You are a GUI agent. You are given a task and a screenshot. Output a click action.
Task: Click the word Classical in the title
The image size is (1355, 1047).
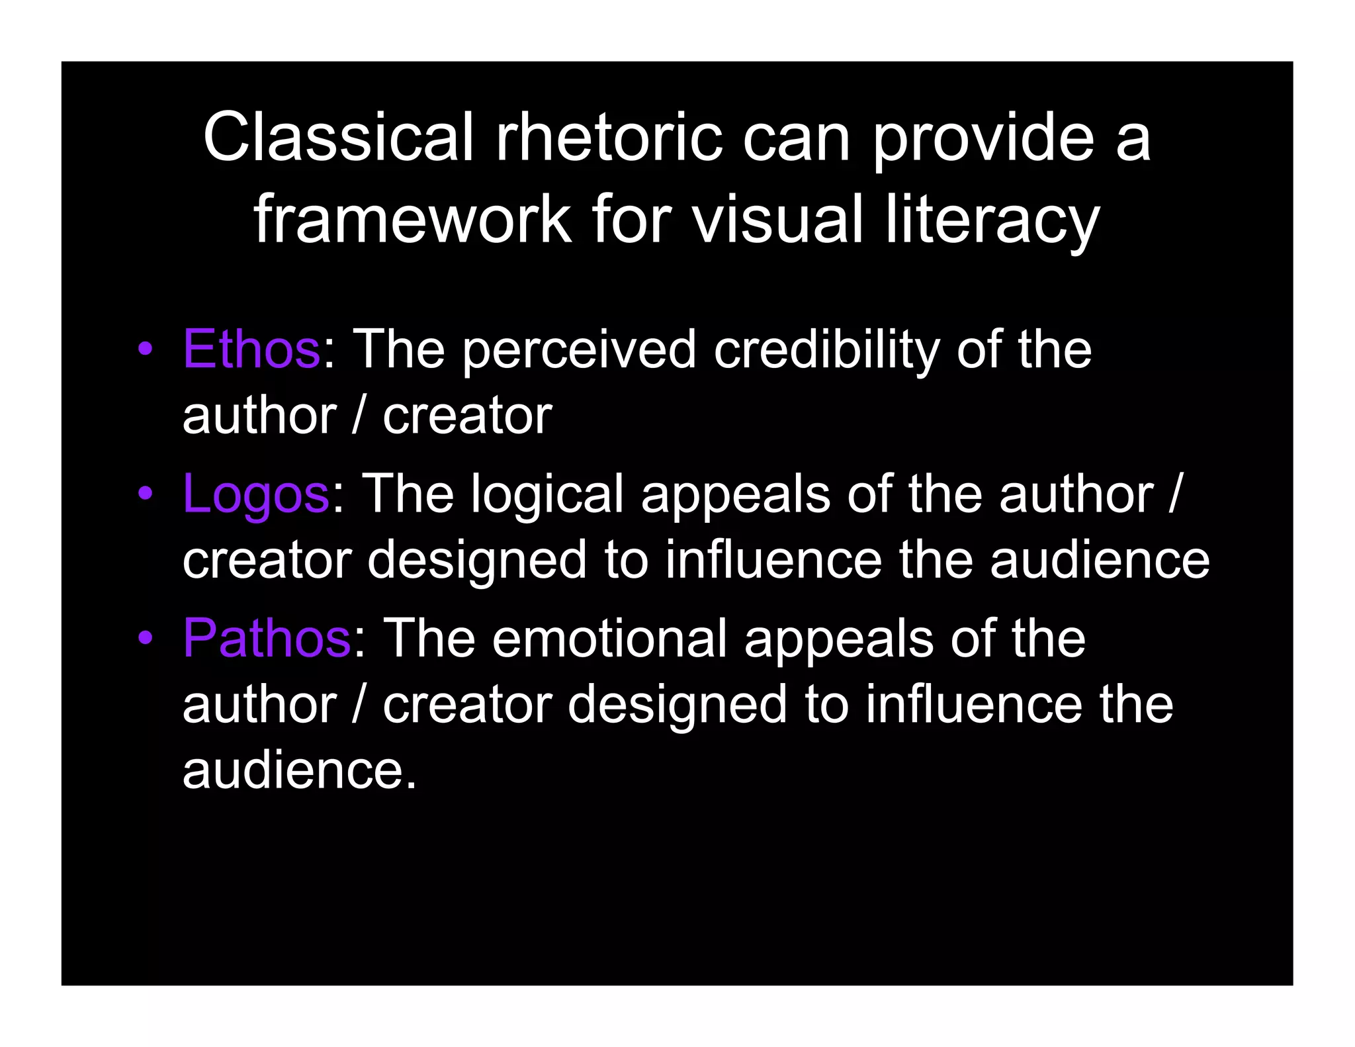pos(338,137)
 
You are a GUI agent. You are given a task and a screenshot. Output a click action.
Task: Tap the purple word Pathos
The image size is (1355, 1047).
pos(266,638)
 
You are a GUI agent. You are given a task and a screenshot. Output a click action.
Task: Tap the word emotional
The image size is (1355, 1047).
pos(609,638)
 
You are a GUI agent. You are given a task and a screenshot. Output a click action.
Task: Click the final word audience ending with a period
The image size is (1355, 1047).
pos(299,770)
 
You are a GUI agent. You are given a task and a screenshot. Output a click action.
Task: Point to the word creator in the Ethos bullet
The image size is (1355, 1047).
pos(467,416)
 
